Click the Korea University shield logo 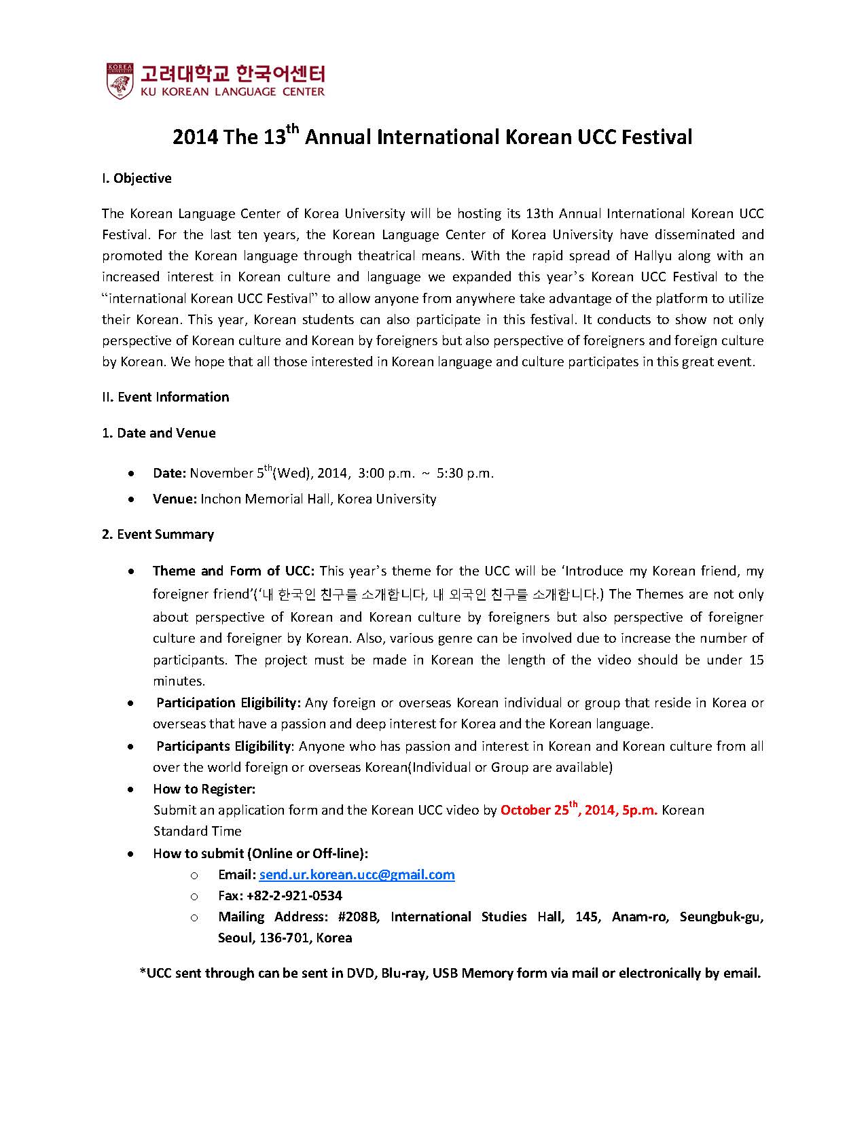click(x=120, y=81)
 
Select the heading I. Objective click(x=137, y=179)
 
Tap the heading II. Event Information click(x=166, y=397)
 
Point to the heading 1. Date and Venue click(x=159, y=433)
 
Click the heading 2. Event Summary click(x=158, y=535)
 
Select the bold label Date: click(x=169, y=474)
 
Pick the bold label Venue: click(x=175, y=499)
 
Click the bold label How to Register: click(x=204, y=789)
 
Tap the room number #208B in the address click(x=357, y=917)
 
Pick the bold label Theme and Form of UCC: click(x=234, y=571)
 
